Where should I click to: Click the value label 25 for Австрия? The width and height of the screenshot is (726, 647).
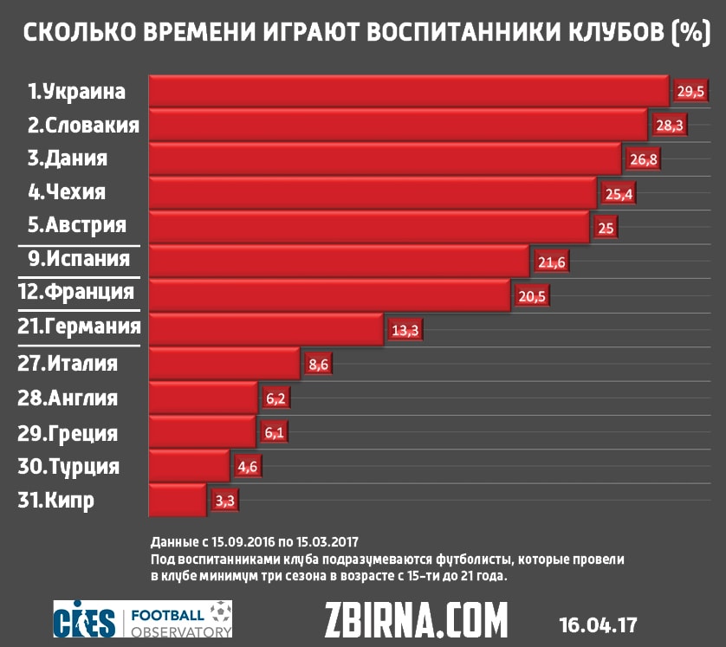(603, 227)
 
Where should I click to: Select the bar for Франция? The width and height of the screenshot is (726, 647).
(329, 294)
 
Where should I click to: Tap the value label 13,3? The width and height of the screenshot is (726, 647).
(405, 330)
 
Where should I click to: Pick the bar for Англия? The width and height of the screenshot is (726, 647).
(204, 398)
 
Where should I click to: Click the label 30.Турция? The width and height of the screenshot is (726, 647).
(68, 467)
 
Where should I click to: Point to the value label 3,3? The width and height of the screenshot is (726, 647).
(224, 501)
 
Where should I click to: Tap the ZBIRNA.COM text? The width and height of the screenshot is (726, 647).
(416, 620)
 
